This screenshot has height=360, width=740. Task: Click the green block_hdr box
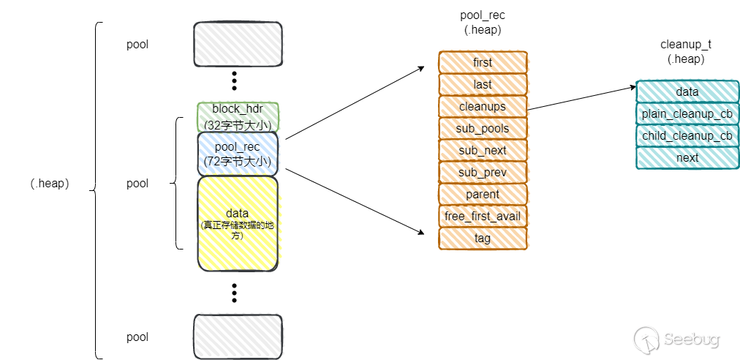pos(237,116)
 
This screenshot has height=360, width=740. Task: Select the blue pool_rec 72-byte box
pos(237,154)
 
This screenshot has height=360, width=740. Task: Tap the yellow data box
pos(237,224)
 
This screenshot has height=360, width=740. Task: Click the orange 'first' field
pos(483,62)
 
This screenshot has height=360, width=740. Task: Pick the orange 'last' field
pos(483,84)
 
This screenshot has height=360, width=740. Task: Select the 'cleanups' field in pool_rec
pos(483,106)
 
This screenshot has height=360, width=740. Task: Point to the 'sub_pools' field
pos(483,128)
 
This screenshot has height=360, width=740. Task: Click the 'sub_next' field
pos(483,150)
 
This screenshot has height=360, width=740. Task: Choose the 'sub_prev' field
pos(483,172)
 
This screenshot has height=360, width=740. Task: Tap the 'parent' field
pos(483,194)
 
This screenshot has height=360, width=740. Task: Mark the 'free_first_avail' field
pos(483,216)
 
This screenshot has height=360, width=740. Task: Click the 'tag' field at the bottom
pos(483,238)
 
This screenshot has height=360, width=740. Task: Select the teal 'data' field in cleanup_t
pos(687,91)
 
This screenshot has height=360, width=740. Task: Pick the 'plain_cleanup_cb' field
pos(687,113)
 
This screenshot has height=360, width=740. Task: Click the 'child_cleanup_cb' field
pos(687,135)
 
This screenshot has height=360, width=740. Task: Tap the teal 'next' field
pos(687,157)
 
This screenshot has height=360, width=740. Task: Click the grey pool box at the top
pos(237,44)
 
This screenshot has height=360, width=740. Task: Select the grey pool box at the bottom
pos(237,337)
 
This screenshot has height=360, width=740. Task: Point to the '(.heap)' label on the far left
pos(50,184)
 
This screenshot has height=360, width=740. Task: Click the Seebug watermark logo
pos(677,339)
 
